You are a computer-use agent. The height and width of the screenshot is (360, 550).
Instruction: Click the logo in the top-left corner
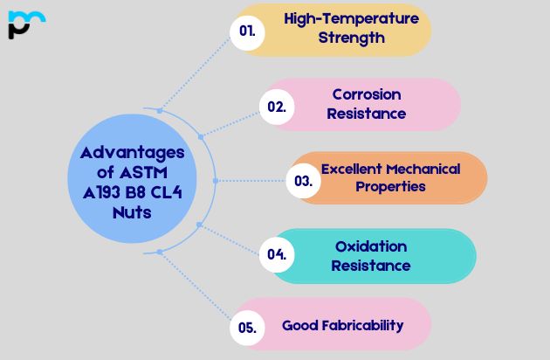click(25, 24)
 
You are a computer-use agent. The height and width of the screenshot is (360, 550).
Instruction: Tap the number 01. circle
click(247, 31)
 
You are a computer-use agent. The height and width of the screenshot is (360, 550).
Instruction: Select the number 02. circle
click(277, 107)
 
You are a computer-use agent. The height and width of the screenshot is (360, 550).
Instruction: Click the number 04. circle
click(277, 255)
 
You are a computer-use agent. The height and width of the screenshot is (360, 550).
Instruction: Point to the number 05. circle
click(247, 329)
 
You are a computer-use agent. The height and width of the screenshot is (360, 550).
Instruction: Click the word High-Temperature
click(351, 18)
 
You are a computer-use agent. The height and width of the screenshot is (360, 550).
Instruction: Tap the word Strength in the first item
click(351, 38)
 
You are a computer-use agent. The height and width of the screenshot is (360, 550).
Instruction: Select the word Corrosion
click(367, 94)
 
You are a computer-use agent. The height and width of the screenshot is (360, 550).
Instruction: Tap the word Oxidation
click(371, 246)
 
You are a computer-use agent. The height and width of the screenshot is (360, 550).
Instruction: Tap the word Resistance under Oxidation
click(371, 265)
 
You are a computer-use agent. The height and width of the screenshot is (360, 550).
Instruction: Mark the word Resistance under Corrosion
click(367, 114)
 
